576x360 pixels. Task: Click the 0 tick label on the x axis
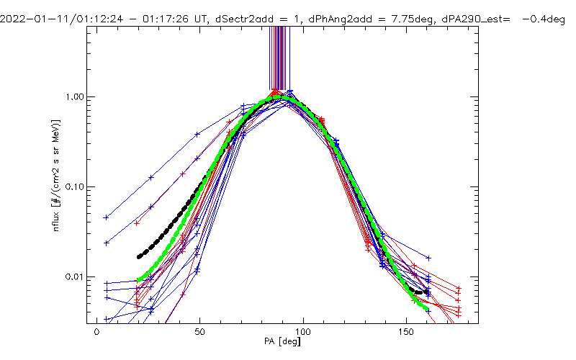[96, 333]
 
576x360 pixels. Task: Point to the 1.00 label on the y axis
[75, 97]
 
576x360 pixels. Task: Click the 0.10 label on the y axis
[75, 187]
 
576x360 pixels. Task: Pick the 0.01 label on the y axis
[75, 277]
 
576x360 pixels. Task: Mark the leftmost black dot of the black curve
[139, 257]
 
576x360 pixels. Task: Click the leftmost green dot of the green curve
[139, 280]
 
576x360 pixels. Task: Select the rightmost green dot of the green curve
[427, 310]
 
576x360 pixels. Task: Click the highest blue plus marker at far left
[107, 217]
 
